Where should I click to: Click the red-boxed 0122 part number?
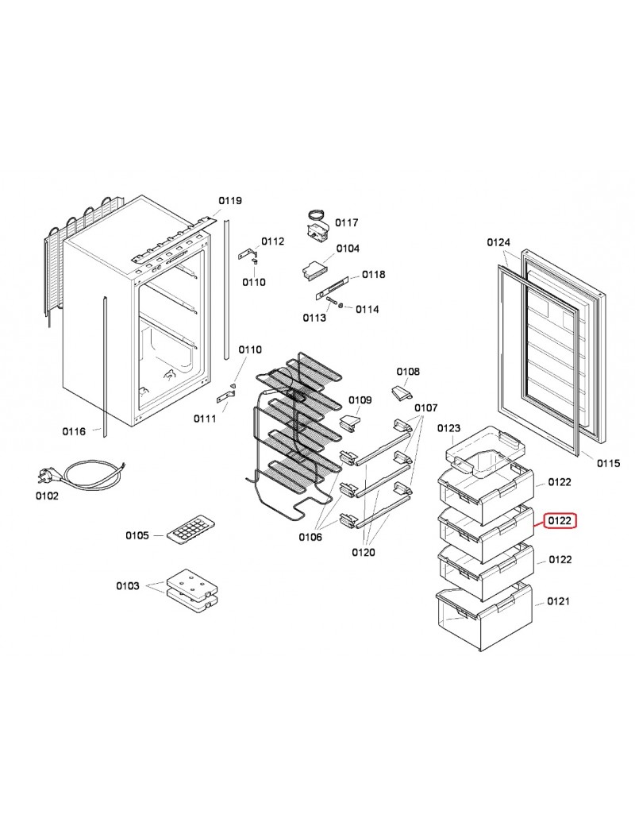[560, 521]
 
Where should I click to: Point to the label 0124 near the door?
[498, 242]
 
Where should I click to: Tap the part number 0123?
[449, 428]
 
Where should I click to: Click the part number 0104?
[348, 249]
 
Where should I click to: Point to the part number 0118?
[374, 274]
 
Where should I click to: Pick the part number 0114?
[367, 308]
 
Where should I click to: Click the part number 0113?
[314, 318]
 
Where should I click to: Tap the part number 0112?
[272, 241]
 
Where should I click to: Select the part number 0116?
[74, 431]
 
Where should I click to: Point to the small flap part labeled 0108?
[401, 393]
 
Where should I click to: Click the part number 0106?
[310, 538]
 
